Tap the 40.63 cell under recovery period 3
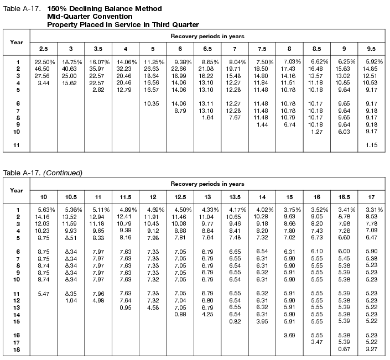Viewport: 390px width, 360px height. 70,68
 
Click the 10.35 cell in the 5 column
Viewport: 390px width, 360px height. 152,103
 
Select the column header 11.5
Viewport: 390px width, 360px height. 126,197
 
